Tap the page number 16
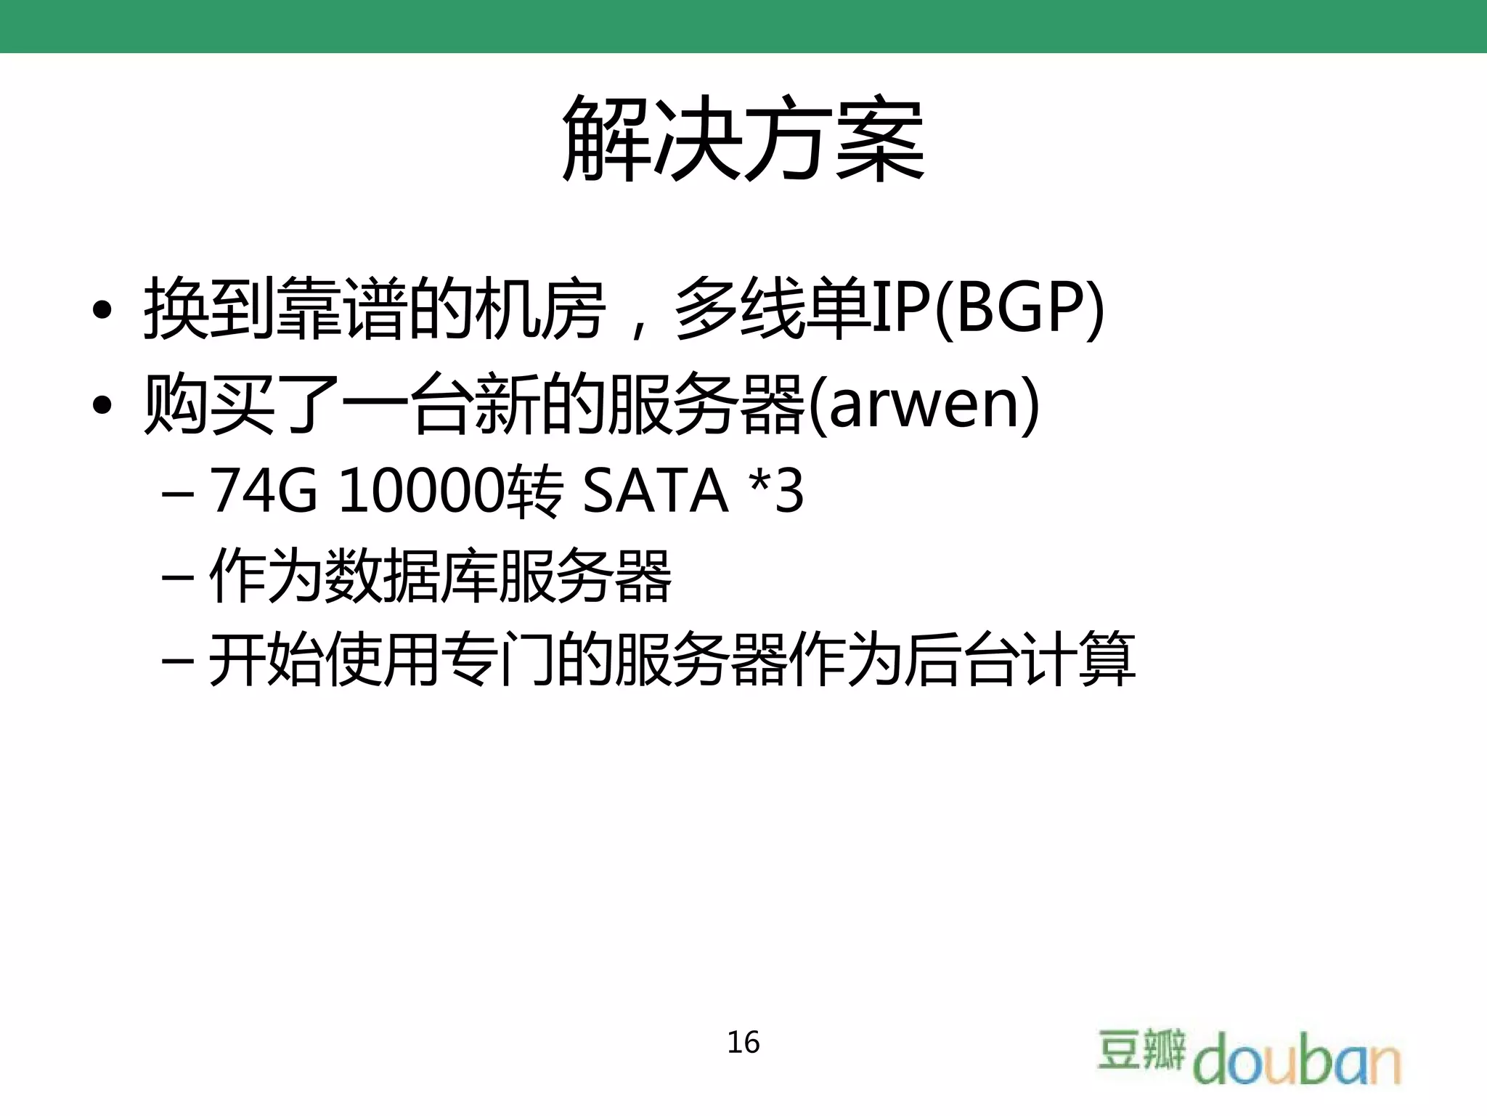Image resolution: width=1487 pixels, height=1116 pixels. coord(743,1042)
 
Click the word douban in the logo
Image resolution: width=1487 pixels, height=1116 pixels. coord(1297,1060)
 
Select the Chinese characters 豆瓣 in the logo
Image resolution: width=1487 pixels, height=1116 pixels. coord(1141,1049)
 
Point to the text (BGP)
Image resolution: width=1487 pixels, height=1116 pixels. coord(1019,309)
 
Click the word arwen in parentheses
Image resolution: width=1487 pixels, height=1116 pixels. coord(924,404)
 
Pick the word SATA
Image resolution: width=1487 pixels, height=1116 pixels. coord(655,492)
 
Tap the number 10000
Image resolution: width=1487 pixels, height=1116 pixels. coord(421,492)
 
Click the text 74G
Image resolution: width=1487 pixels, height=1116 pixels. coord(264,492)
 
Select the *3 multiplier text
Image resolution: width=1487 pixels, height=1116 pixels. coord(776,492)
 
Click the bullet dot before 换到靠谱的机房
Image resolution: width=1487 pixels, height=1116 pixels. coord(102,310)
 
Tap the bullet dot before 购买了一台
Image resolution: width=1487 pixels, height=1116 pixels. coord(102,405)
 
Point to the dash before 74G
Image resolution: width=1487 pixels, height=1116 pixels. coord(178,494)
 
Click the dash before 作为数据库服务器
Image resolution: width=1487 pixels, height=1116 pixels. coord(178,578)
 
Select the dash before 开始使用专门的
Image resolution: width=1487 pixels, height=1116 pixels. coord(178,661)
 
